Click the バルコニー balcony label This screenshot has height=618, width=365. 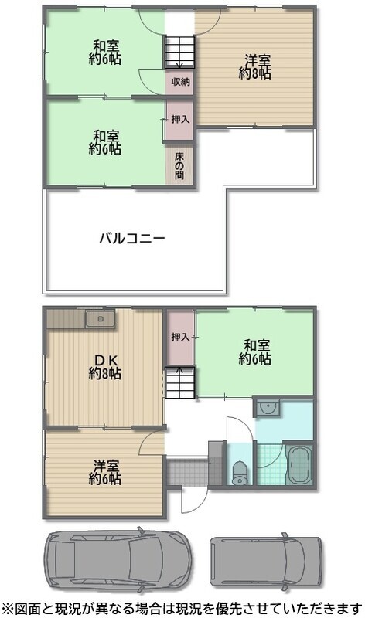pyautogui.click(x=131, y=239)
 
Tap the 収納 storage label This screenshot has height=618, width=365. pyautogui.click(x=180, y=82)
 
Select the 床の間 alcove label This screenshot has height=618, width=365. pyautogui.click(x=179, y=165)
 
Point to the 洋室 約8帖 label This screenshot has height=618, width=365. pyautogui.click(x=255, y=67)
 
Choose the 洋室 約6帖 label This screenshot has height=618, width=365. pyautogui.click(x=104, y=472)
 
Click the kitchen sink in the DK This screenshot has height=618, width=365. pyautogui.click(x=101, y=319)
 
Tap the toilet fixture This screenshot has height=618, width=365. pyautogui.click(x=240, y=473)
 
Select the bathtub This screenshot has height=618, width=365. pyautogui.click(x=299, y=465)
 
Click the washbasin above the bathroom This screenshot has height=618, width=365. pyautogui.click(x=268, y=407)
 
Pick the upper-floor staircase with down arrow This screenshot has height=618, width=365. pyautogui.click(x=179, y=53)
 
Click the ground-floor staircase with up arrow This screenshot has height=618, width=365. pyautogui.click(x=179, y=382)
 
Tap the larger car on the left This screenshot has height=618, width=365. pyautogui.click(x=118, y=559)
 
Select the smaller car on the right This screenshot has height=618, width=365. pyautogui.click(x=265, y=562)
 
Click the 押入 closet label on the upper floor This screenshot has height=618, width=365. pyautogui.click(x=180, y=119)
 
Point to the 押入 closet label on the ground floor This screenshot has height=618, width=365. pyautogui.click(x=180, y=337)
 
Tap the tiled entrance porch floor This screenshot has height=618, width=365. pyautogui.click(x=187, y=472)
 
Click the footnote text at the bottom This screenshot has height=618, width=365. pyautogui.click(x=182, y=609)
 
